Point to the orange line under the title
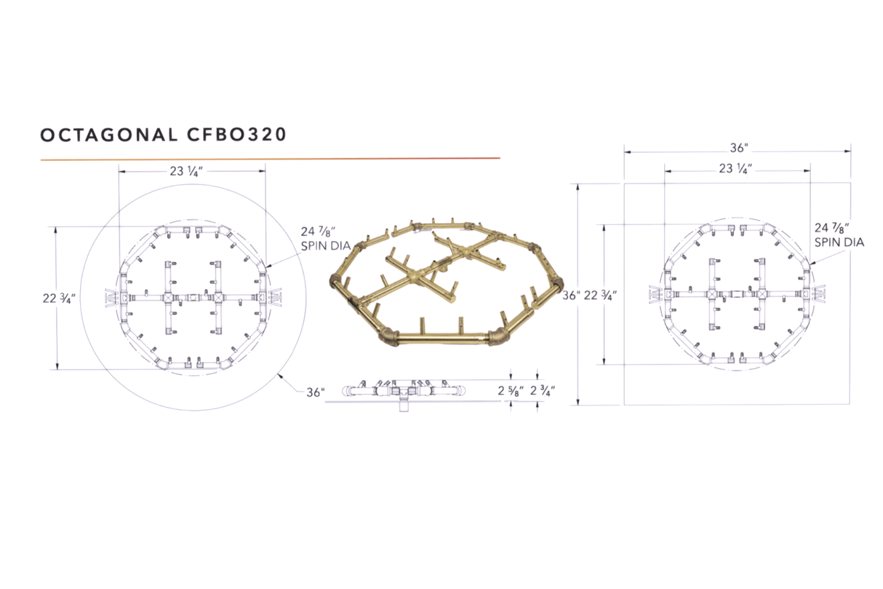click(270, 158)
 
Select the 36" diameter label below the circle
click(314, 392)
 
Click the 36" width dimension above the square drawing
click(738, 148)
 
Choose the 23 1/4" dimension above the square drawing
click(736, 169)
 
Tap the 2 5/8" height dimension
click(510, 391)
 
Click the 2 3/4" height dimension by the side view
click(542, 391)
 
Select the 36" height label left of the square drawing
click(571, 295)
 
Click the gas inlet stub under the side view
click(404, 406)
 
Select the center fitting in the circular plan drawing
click(192, 298)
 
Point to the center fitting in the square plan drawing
click(737, 295)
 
